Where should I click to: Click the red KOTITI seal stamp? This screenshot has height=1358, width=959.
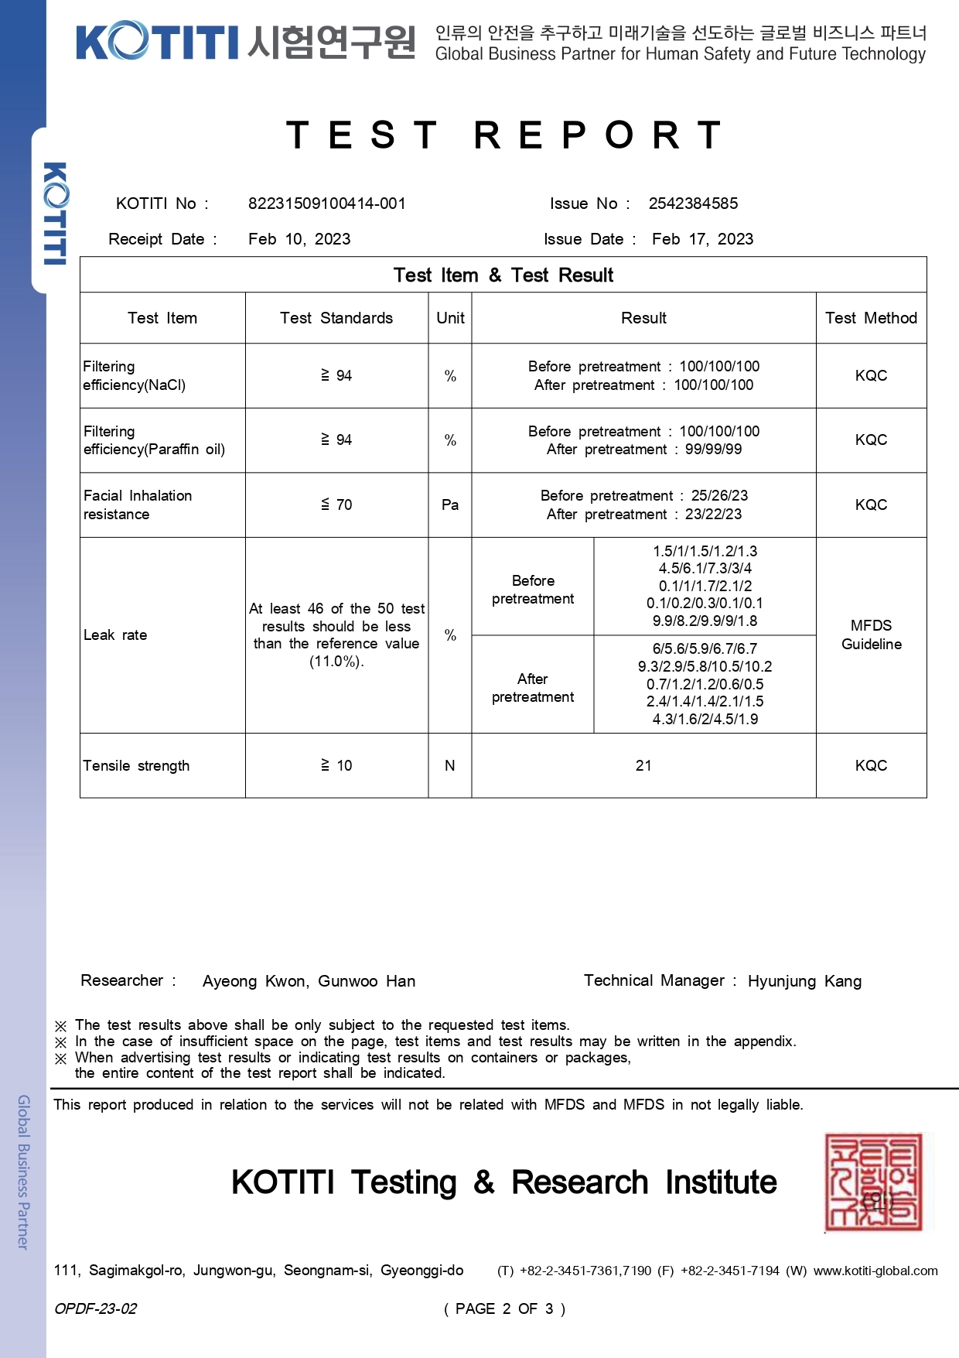click(x=875, y=1182)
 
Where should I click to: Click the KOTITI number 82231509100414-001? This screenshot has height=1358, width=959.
click(x=326, y=204)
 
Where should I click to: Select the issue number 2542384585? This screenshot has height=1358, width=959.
click(x=693, y=204)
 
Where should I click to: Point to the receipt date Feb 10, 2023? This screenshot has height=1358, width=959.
click(x=299, y=239)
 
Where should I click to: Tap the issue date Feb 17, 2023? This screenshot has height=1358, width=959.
click(x=702, y=239)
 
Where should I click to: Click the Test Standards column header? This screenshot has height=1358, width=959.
click(x=336, y=318)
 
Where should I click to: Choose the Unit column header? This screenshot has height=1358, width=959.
click(x=450, y=318)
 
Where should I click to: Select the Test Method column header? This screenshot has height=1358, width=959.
click(x=871, y=318)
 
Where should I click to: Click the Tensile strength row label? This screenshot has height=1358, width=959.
click(x=136, y=765)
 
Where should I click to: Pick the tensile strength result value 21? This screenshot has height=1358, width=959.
click(x=643, y=765)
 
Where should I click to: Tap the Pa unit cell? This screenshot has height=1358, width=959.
click(x=450, y=505)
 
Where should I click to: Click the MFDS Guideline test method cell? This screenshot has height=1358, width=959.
click(x=871, y=635)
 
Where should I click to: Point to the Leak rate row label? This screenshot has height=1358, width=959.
click(x=115, y=635)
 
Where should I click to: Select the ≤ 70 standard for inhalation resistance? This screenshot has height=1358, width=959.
click(x=336, y=505)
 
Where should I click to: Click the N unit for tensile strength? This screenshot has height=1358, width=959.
click(x=450, y=765)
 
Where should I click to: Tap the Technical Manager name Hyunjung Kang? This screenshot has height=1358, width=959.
click(x=804, y=981)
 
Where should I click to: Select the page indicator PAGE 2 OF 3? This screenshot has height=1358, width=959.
click(x=504, y=1308)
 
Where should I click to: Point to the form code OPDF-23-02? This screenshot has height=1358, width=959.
click(x=95, y=1308)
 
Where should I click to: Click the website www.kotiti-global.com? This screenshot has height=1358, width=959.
click(x=875, y=1271)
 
